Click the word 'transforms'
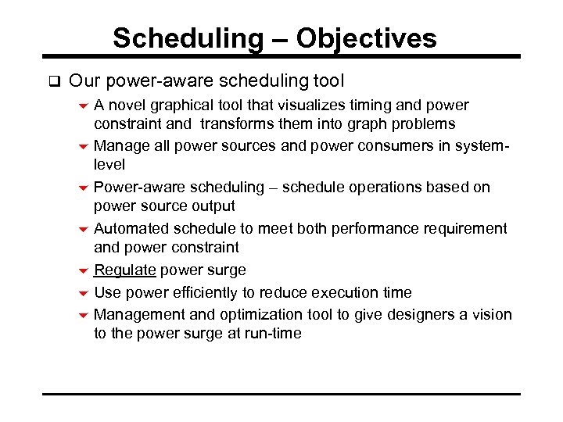pos(239,124)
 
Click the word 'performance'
pos(370,228)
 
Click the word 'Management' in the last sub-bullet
pos(134,314)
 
